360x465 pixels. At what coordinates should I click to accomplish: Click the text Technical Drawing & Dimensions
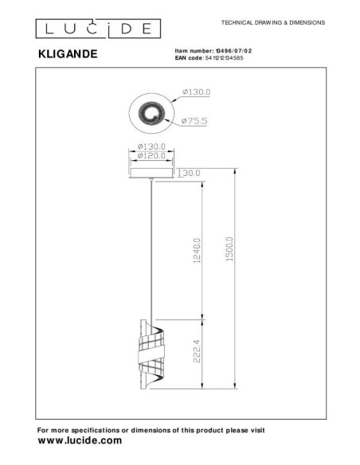tap(272, 23)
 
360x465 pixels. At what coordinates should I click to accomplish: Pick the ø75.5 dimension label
tap(194, 120)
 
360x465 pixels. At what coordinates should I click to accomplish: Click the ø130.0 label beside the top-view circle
tap(196, 92)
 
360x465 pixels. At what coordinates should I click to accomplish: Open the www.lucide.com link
tap(80, 440)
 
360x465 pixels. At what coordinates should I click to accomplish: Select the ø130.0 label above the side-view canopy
tap(151, 147)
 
